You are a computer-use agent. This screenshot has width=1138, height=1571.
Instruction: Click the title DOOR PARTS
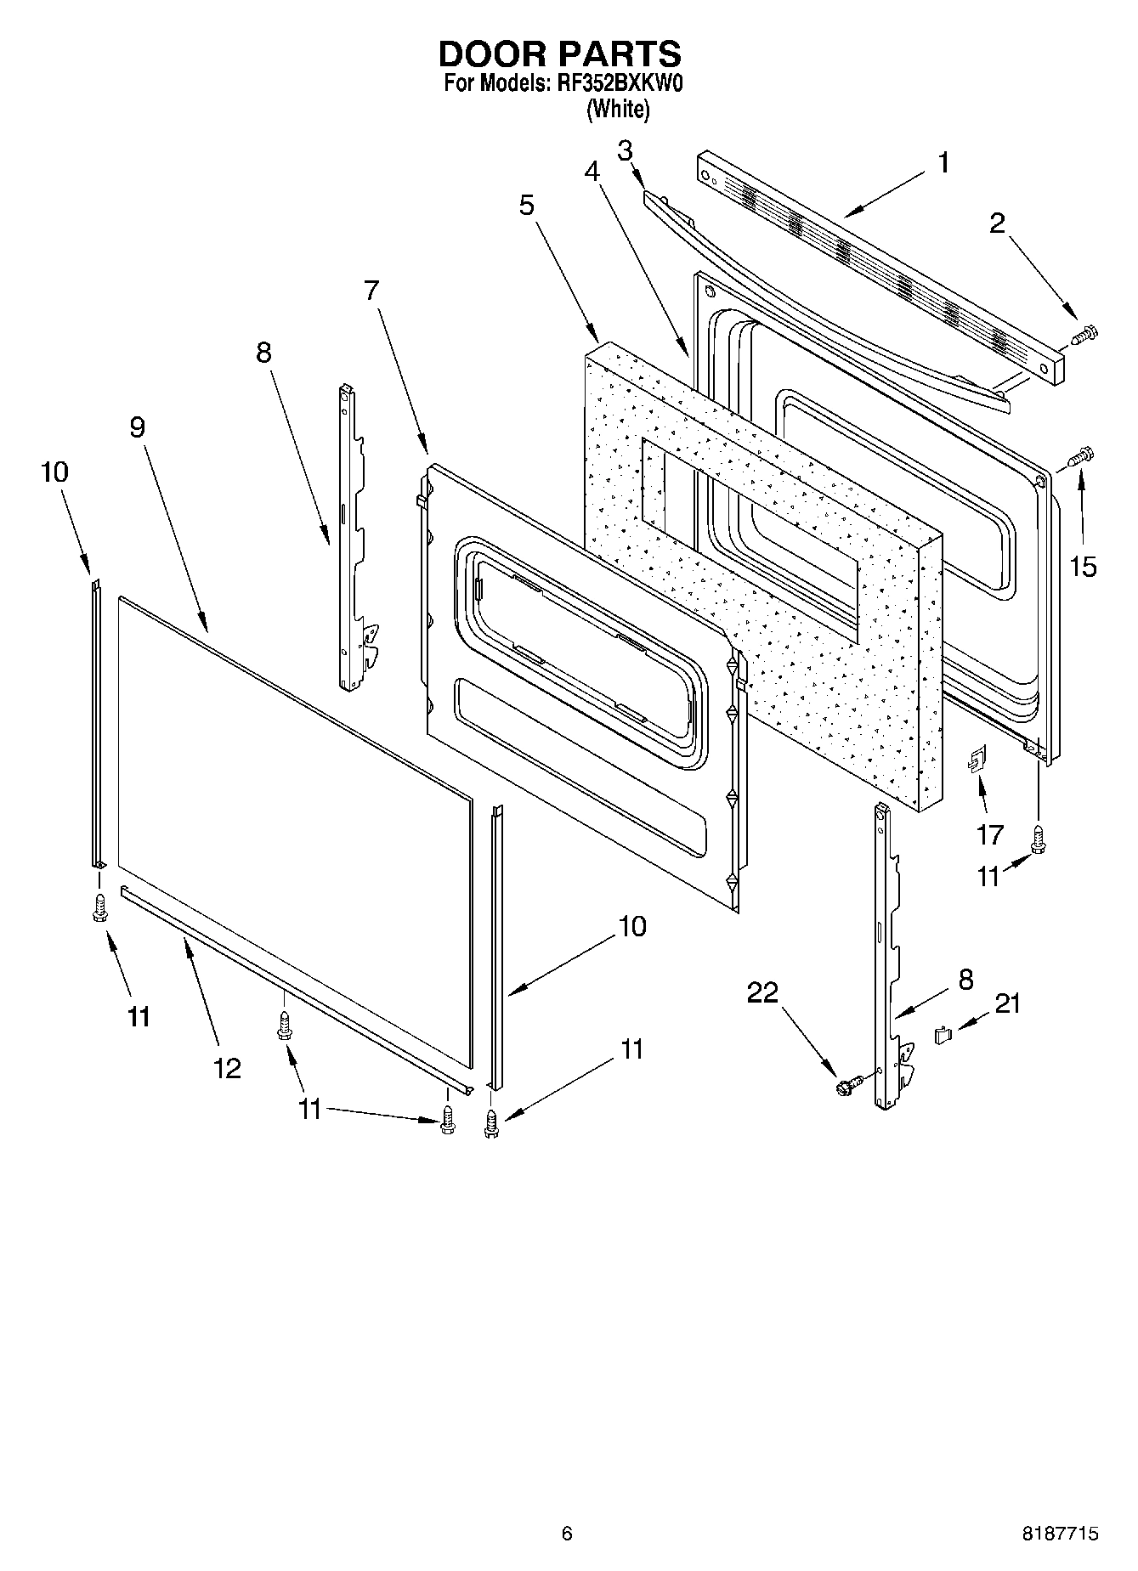(559, 54)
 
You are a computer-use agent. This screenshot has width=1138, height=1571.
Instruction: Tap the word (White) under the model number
(619, 110)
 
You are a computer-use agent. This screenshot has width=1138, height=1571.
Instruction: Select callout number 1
(943, 161)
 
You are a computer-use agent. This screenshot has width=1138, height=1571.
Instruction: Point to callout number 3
(625, 150)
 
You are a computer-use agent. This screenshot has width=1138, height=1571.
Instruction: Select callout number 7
(371, 290)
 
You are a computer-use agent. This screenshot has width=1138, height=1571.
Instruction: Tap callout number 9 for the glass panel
(137, 427)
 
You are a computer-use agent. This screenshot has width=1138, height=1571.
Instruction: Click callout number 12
(227, 1068)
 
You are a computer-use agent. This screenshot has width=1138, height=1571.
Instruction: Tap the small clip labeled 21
(942, 1034)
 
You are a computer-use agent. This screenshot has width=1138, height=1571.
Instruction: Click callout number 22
(762, 992)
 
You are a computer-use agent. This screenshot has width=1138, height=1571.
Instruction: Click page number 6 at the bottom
(567, 1533)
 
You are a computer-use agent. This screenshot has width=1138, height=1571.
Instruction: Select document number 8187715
(1060, 1533)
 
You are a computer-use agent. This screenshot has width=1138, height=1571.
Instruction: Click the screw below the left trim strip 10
(99, 907)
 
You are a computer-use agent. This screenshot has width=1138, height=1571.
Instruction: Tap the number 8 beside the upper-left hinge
(264, 353)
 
